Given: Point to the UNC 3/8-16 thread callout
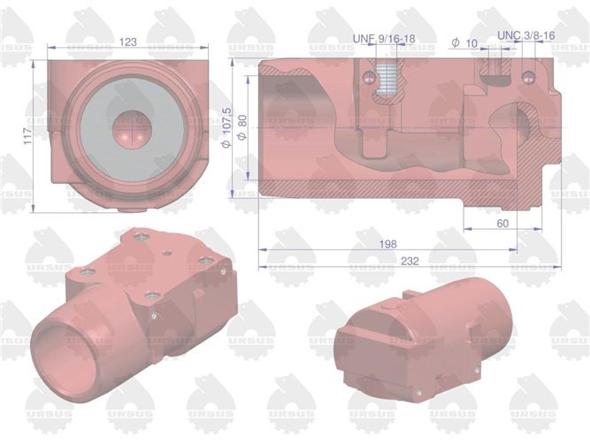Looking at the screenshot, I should click(x=526, y=35).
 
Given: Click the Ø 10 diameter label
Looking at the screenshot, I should click(x=464, y=42).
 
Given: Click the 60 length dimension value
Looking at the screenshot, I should click(x=502, y=224).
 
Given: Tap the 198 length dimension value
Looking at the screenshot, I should click(x=386, y=243).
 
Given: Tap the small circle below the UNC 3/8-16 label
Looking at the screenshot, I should click(x=529, y=75).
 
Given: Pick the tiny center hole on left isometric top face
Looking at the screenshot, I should click(x=168, y=251).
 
